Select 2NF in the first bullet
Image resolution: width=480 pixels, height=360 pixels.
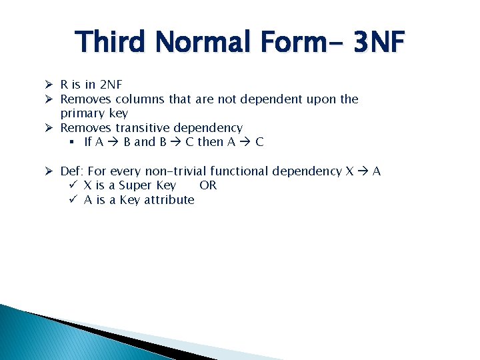[x=110, y=85]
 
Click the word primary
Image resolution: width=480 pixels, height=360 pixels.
[x=82, y=113]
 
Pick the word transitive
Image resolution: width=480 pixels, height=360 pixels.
[x=143, y=127]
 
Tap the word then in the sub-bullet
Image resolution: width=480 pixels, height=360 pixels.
[x=210, y=142]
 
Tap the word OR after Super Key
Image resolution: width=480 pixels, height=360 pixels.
[x=208, y=185]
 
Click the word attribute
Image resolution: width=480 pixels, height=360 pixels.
[x=169, y=200]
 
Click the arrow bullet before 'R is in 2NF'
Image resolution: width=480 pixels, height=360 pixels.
[x=49, y=85]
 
